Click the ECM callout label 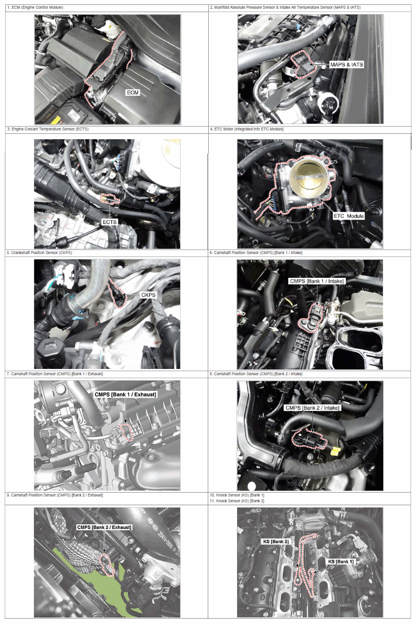(133, 93)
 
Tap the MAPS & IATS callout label (346, 64)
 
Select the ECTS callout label (109, 222)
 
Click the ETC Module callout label (349, 216)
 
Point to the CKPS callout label (148, 295)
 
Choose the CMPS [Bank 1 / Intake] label (317, 281)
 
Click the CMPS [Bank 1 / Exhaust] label (125, 394)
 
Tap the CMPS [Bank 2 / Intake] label (312, 408)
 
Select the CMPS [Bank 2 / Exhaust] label (104, 527)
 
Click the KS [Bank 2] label (276, 542)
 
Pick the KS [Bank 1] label (340, 561)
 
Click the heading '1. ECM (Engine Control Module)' (35, 7)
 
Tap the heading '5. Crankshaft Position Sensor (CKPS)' (39, 253)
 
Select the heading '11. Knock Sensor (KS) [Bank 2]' (237, 501)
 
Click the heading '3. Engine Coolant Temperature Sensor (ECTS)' (48, 129)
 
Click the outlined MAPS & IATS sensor (304, 65)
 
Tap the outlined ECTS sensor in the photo (110, 199)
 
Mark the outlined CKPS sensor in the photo (118, 293)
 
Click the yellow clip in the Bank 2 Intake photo (336, 451)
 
